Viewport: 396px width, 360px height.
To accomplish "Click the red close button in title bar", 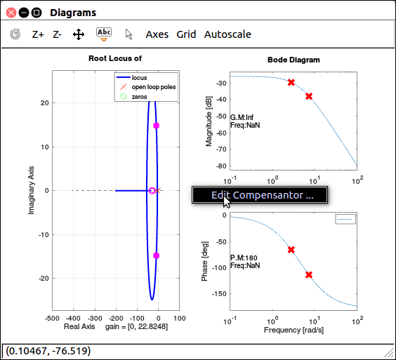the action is coord(11,13).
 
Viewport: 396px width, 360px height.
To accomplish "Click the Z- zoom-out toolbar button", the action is coord(57,34).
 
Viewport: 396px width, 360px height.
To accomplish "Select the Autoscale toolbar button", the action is coord(227,34).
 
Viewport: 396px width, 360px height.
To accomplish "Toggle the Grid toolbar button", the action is coord(186,34).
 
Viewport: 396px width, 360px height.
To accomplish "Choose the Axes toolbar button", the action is coord(157,34).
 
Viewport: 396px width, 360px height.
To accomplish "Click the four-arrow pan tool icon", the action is coord(79,34).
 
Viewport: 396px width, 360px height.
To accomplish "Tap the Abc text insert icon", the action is coord(104,34).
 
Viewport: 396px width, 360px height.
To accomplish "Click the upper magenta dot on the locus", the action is coord(157,126).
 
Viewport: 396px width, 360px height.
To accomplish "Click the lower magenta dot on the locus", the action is coord(157,255).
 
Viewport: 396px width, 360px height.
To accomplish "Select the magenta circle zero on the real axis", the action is coord(152,191).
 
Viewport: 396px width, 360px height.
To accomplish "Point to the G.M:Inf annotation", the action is coord(242,117).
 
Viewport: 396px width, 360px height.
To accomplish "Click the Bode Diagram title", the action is coord(293,60).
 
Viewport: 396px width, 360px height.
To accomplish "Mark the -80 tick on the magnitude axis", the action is coord(221,166).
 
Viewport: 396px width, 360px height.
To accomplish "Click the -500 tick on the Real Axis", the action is coord(52,319).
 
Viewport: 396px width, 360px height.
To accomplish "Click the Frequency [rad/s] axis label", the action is coord(293,330).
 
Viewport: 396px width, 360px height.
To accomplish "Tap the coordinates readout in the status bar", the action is coord(48,351).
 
